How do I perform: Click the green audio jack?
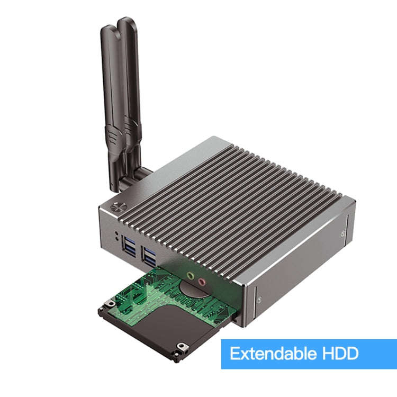coord(190,276)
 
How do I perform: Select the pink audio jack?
coord(201,282)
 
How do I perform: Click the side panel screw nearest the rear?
coord(344,232)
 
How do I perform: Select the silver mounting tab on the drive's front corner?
coord(183,348)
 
